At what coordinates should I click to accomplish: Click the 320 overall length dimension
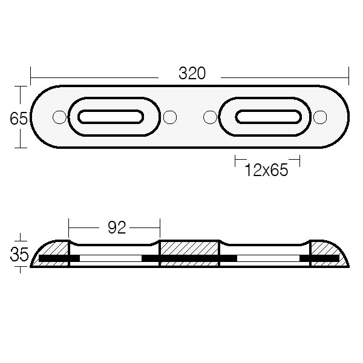point(192,74)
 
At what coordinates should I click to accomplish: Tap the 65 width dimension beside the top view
point(19,119)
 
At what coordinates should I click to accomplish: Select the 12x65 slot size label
point(266,171)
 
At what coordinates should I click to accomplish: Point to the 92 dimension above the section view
point(116,227)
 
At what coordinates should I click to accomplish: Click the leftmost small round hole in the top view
point(59,117)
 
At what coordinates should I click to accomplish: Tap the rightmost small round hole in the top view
point(321,117)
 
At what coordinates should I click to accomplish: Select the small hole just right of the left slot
point(170,117)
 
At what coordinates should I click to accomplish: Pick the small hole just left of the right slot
point(210,117)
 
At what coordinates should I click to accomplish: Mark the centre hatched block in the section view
point(189,249)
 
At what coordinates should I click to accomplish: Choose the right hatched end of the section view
point(327,249)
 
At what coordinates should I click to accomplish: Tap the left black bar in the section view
point(59,259)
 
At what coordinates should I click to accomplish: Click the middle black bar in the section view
point(189,259)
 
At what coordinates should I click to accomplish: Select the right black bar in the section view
point(319,259)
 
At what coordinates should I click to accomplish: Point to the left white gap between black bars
point(110,259)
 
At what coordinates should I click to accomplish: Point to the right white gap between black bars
point(267,259)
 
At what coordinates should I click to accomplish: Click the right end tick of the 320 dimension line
point(349,77)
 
